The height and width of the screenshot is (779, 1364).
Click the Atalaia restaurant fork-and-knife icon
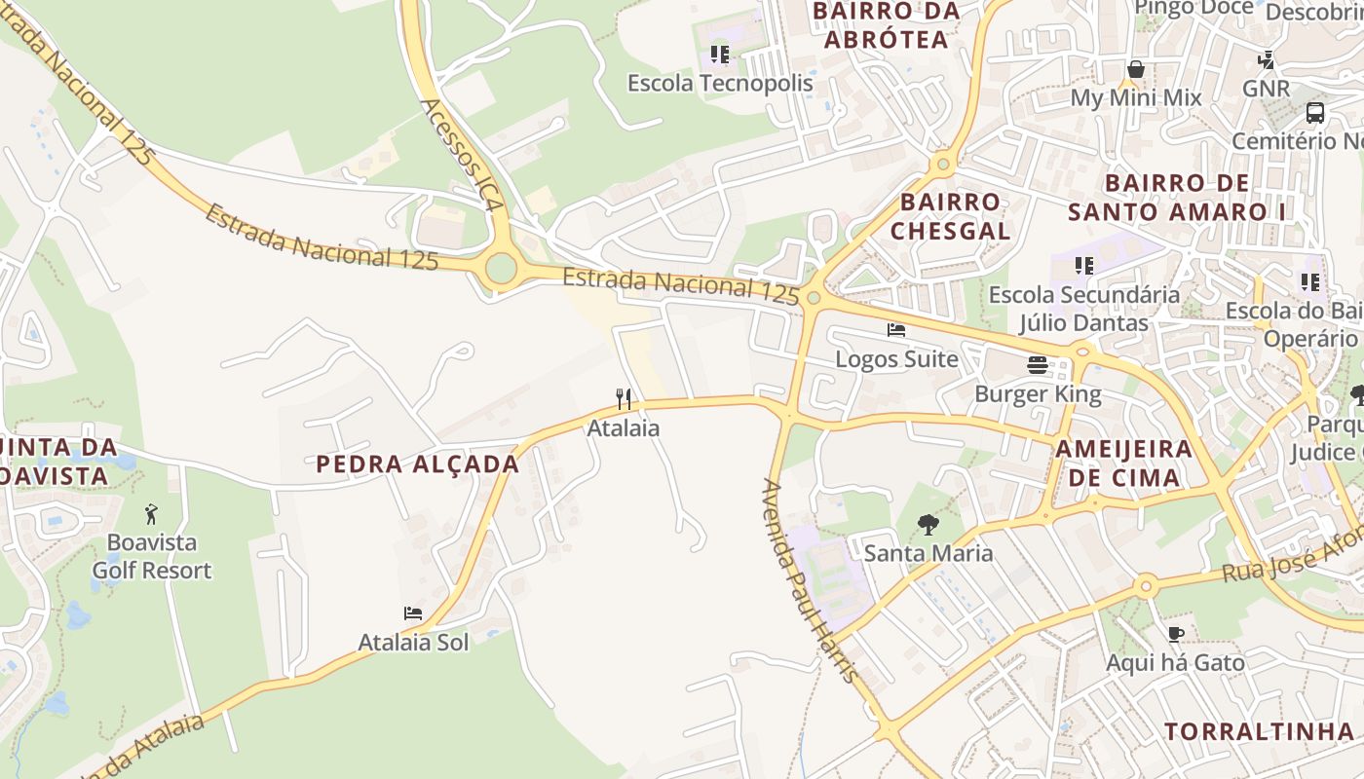click(x=624, y=398)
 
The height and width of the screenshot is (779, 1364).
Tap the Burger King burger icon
click(x=1038, y=365)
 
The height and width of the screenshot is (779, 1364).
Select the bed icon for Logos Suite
click(x=896, y=330)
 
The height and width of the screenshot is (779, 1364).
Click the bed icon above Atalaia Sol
click(x=413, y=613)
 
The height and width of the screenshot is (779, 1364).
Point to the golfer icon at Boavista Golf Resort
click(x=151, y=513)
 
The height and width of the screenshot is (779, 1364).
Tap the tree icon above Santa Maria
click(x=928, y=525)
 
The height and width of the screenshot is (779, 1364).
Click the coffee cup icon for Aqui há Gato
click(x=1176, y=635)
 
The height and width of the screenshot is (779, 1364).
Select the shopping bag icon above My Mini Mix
click(x=1136, y=69)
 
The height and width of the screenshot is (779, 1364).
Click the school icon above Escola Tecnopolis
click(x=720, y=55)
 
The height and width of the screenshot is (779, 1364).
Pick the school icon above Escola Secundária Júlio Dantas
click(x=1084, y=265)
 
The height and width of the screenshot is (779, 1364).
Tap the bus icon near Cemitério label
click(x=1315, y=112)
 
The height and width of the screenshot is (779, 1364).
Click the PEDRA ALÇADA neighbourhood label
click(x=418, y=464)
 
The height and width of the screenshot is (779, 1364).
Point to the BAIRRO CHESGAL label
click(x=950, y=216)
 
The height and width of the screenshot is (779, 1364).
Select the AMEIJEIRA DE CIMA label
click(x=1123, y=463)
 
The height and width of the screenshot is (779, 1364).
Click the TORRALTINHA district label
click(x=1259, y=731)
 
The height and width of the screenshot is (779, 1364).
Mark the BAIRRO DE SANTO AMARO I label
click(x=1177, y=197)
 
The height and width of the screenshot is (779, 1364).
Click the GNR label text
click(x=1266, y=89)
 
